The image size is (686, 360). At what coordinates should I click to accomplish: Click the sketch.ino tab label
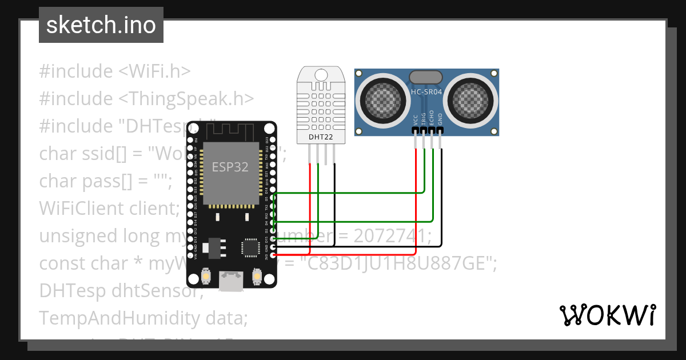[x=101, y=26]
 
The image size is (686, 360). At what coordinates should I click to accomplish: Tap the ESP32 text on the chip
[x=230, y=167]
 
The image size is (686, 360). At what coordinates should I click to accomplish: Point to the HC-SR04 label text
[x=426, y=91]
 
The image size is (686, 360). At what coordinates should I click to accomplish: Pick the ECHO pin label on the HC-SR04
[x=432, y=117]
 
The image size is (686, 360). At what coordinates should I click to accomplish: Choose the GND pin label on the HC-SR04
[x=440, y=119]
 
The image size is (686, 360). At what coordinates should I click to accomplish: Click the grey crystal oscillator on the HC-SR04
[x=426, y=77]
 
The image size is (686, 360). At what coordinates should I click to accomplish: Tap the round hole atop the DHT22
[x=321, y=75]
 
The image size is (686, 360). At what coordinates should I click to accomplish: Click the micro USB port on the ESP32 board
[x=231, y=280]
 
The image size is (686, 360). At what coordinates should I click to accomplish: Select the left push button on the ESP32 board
[x=205, y=277]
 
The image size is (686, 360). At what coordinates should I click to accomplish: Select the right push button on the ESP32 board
[x=257, y=277]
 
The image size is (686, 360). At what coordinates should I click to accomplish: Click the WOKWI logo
[x=607, y=315]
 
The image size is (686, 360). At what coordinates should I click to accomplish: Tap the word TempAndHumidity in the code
[x=117, y=318]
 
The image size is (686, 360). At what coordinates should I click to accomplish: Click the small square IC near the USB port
[x=250, y=247]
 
